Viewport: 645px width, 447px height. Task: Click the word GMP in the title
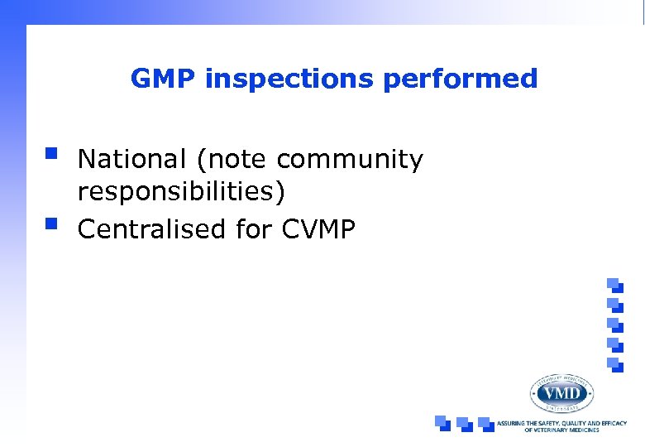(x=163, y=79)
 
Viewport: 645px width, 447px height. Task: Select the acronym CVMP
(x=318, y=228)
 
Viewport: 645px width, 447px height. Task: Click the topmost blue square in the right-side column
(x=614, y=284)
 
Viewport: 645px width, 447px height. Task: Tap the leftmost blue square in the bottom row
(x=443, y=423)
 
